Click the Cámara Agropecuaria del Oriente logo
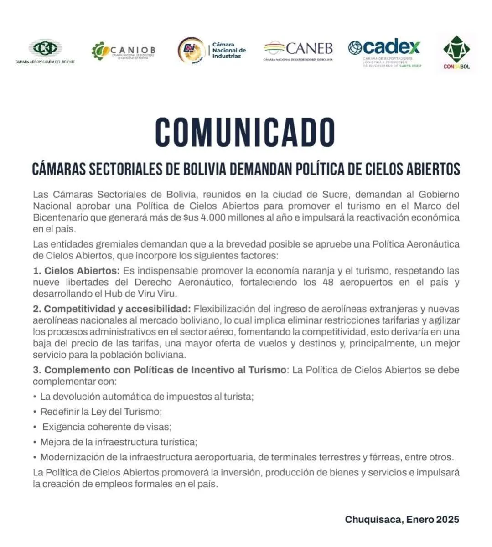pyautogui.click(x=45, y=51)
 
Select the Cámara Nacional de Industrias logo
pyautogui.click(x=212, y=50)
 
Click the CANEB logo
pyautogui.click(x=298, y=50)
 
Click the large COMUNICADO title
pyautogui.click(x=245, y=133)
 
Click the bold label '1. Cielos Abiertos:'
pyautogui.click(x=76, y=271)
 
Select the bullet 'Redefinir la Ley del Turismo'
pyautogui.click(x=101, y=412)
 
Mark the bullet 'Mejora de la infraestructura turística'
pyautogui.click(x=119, y=442)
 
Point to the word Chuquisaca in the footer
pyautogui.click(x=373, y=520)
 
